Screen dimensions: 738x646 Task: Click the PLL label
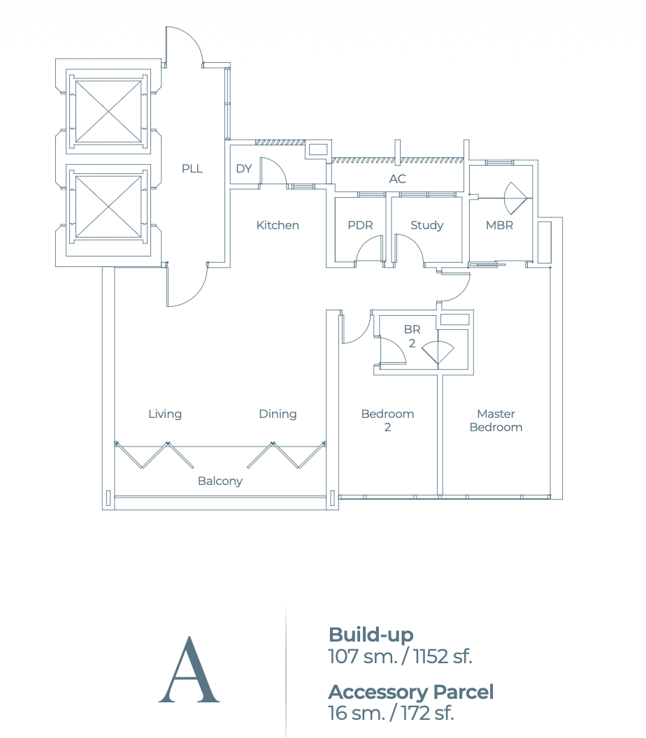(x=192, y=168)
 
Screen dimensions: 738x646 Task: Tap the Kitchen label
(x=278, y=225)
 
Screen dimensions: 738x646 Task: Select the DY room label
(x=243, y=168)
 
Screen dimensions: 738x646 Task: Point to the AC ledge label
(x=397, y=179)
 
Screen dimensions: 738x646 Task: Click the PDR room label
(x=360, y=225)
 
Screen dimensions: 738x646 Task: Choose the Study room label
(x=426, y=225)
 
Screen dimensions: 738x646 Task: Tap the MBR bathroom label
(x=499, y=225)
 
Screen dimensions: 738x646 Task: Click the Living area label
(x=165, y=414)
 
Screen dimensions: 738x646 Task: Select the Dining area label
(x=278, y=414)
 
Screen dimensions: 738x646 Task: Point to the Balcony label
(x=220, y=481)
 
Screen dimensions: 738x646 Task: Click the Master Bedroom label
(x=496, y=420)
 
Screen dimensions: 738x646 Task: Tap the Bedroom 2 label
(x=387, y=420)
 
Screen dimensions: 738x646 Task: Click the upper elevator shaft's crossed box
(x=108, y=111)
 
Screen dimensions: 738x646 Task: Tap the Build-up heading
(x=371, y=635)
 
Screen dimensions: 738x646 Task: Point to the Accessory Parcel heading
(x=410, y=692)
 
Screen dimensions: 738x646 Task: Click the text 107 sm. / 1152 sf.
(x=400, y=656)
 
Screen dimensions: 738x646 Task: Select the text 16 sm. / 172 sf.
(x=391, y=713)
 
